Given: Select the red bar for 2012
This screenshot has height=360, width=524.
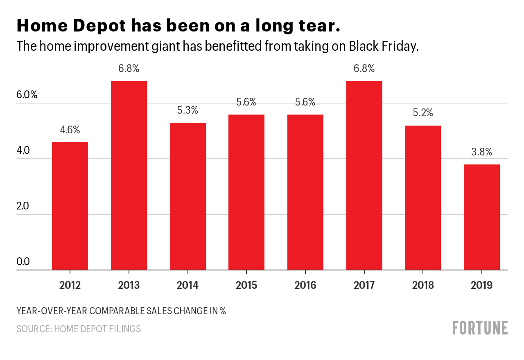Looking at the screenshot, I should click(x=70, y=206).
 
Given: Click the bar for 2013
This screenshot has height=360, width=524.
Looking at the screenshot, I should click(x=129, y=175).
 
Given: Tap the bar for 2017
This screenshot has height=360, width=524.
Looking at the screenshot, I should click(x=364, y=175).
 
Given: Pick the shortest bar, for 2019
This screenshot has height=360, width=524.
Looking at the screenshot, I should click(x=482, y=217).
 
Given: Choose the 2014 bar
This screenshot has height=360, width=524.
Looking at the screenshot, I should click(x=188, y=196).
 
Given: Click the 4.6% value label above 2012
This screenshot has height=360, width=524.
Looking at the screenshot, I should click(x=70, y=130).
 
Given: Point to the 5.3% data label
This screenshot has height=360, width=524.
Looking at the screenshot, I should click(x=188, y=110).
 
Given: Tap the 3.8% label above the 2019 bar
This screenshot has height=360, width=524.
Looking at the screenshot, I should click(x=482, y=152).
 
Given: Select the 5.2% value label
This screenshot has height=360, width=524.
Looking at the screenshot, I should click(x=423, y=113).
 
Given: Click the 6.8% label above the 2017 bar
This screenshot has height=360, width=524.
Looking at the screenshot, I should click(x=364, y=69).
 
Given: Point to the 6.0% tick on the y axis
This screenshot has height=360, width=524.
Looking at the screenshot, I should click(x=27, y=95).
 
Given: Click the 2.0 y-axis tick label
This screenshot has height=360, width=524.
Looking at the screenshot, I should click(x=23, y=206).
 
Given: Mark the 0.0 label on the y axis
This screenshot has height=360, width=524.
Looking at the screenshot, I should click(x=23, y=262).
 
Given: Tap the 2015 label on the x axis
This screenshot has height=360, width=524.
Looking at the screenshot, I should click(x=246, y=285).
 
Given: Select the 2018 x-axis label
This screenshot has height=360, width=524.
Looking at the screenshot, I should click(x=423, y=285).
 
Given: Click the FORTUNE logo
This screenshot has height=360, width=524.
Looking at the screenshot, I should click(x=480, y=328).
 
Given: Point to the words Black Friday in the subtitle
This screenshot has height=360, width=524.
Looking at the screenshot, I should click(x=384, y=46).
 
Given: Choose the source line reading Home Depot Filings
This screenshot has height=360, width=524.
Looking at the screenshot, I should click(x=79, y=329).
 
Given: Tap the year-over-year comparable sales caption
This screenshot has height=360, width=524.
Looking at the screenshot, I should click(x=121, y=311).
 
